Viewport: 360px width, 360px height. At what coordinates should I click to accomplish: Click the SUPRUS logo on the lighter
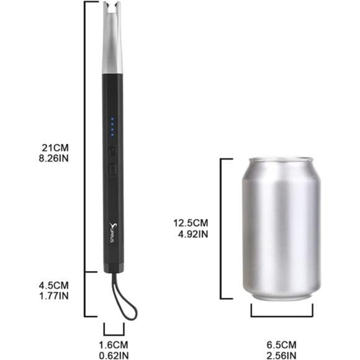point(113,232)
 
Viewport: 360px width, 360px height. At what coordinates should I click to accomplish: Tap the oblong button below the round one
point(113,168)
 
